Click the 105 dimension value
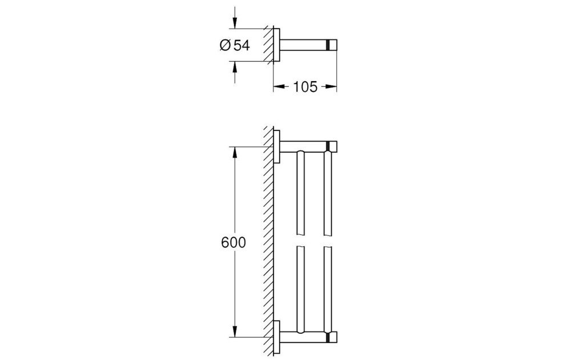click(305, 87)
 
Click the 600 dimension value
click(234, 242)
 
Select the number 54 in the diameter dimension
click(242, 46)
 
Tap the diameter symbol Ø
click(225, 46)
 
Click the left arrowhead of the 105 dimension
click(279, 87)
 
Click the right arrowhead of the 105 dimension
click(331, 87)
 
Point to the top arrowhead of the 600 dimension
click(235, 153)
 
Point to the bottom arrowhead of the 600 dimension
click(235, 331)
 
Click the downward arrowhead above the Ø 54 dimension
click(235, 22)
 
